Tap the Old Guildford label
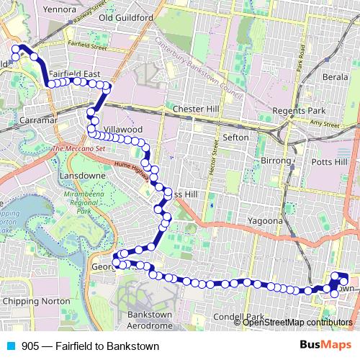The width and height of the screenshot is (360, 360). click(127, 17)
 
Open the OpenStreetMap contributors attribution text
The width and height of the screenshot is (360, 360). click(296, 322)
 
